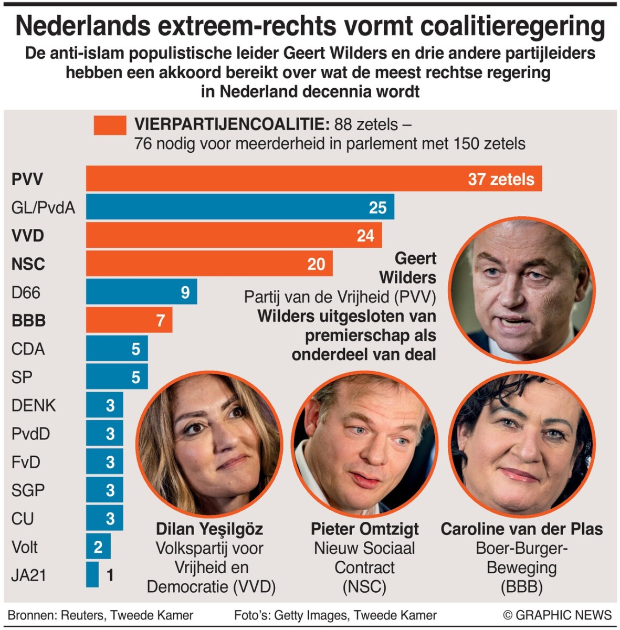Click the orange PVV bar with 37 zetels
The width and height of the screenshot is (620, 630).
pos(313,179)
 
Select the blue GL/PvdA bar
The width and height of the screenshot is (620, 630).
pos(240,207)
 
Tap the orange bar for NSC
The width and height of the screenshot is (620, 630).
pos(209,264)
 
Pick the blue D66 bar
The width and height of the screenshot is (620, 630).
pos(141,292)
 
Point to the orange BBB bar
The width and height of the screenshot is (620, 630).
pos(129,320)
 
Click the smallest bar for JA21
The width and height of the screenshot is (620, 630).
pos(92,575)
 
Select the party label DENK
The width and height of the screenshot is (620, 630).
pos(34,405)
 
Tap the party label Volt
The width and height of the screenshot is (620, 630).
pos(25,547)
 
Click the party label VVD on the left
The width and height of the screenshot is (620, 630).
pos(28,236)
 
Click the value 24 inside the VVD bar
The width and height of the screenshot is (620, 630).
pos(365,236)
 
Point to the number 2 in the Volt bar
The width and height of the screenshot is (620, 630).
pos(98,547)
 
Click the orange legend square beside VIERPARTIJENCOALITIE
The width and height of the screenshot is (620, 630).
pos(110,125)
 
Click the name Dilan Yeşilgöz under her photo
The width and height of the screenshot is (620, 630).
pos(209,529)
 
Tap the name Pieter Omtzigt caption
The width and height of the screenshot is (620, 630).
pos(365,529)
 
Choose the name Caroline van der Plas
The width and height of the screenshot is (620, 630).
pos(522,529)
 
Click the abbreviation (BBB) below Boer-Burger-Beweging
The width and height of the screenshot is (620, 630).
pos(522,586)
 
